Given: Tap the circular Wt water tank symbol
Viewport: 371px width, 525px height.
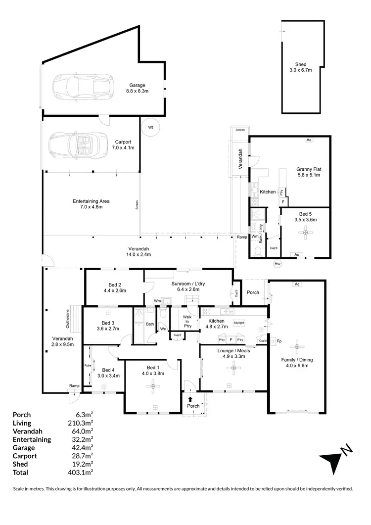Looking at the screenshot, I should pyautogui.click(x=151, y=127).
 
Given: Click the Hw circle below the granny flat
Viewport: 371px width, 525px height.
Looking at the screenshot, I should pyautogui.click(x=278, y=264).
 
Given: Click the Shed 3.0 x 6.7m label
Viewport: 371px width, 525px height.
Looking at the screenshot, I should pyautogui.click(x=301, y=67).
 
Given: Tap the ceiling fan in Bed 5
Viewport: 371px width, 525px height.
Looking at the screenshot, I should pyautogui.click(x=305, y=232).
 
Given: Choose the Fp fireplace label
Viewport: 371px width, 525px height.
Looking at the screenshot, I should pyautogui.click(x=279, y=341).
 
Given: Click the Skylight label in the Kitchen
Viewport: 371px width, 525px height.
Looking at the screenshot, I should pyautogui.click(x=239, y=322).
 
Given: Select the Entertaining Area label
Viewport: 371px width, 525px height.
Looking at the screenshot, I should pyautogui.click(x=91, y=204).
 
